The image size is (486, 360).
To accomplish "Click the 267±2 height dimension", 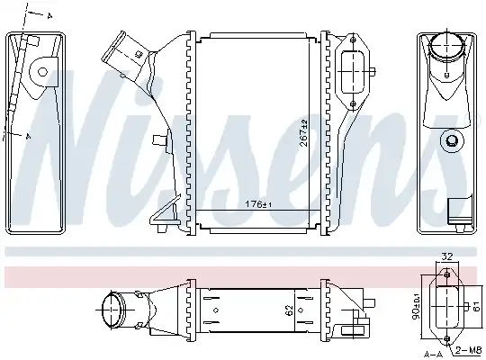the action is click(x=304, y=132).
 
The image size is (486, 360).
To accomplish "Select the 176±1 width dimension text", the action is click(x=258, y=204).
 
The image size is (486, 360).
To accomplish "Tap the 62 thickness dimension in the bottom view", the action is click(x=289, y=310).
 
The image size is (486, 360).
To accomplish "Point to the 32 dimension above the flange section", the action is click(x=447, y=256).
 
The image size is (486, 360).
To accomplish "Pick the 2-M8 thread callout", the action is click(x=469, y=350).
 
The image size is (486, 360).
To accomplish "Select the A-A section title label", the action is click(x=433, y=354).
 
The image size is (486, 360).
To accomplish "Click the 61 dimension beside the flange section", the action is click(x=476, y=307).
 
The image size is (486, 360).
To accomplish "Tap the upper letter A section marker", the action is click(x=49, y=16).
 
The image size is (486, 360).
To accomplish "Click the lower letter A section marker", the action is click(x=28, y=136).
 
